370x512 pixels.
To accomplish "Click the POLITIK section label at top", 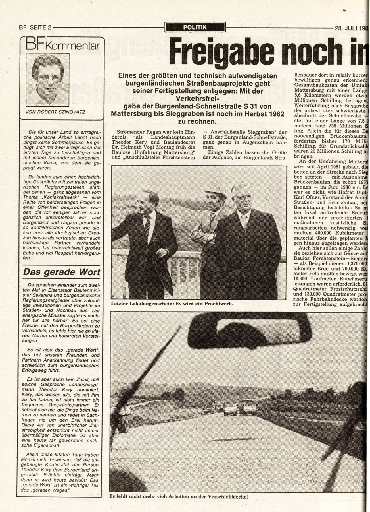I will tap(195, 27).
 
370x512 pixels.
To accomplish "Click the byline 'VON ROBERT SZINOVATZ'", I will tap(55, 112).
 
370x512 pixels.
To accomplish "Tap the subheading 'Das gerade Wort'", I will tap(61, 272).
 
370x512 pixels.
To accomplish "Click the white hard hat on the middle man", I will tap(216, 190).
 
